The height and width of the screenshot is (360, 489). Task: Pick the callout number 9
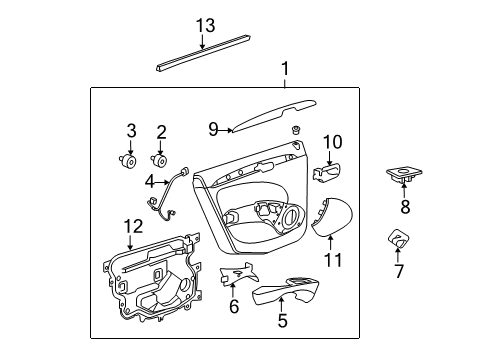point(213,128)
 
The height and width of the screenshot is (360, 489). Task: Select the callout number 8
point(405,208)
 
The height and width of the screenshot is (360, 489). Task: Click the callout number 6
point(233,307)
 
